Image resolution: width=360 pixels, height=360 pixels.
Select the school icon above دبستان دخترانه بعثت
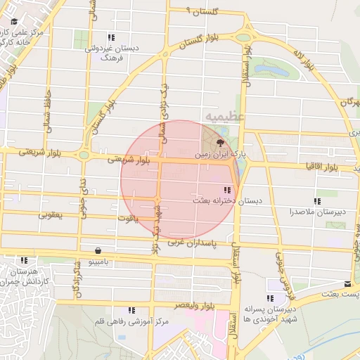(x=226, y=190)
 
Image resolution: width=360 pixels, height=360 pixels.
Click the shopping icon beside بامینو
(x=97, y=250)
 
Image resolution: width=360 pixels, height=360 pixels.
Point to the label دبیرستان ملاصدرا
(x=316, y=211)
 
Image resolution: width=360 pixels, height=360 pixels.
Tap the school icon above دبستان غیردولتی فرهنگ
(x=110, y=37)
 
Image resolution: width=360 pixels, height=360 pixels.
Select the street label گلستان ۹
(x=204, y=12)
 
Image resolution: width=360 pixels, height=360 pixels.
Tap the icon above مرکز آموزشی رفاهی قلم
(x=131, y=310)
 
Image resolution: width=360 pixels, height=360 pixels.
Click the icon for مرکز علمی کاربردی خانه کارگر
(x=14, y=21)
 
